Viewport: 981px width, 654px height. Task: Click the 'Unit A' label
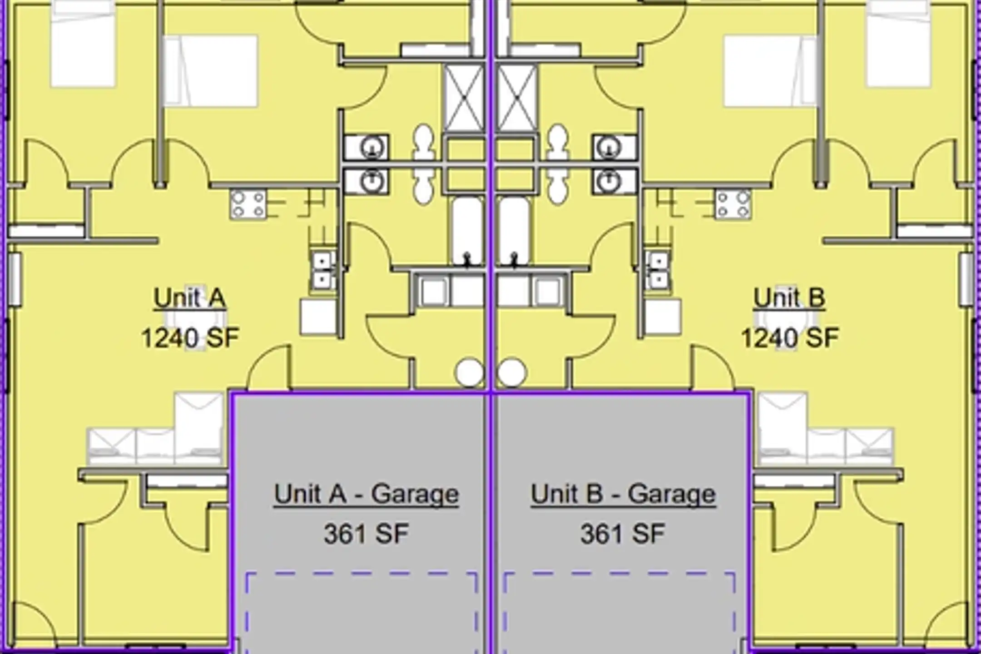pyautogui.click(x=189, y=298)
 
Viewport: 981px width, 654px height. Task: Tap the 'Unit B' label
pyautogui.click(x=789, y=298)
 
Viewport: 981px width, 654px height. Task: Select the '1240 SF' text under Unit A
pyautogui.click(x=190, y=338)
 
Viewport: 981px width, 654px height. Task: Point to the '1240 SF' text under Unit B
pyautogui.click(x=790, y=338)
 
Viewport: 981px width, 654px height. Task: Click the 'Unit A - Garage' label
pyautogui.click(x=367, y=494)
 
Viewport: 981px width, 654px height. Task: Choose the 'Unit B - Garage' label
pyautogui.click(x=623, y=494)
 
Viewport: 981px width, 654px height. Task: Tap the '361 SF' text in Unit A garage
pyautogui.click(x=366, y=534)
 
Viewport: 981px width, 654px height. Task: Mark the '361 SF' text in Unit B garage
pyautogui.click(x=623, y=534)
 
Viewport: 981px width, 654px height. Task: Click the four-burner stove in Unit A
pyautogui.click(x=248, y=204)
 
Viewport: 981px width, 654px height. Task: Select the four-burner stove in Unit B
pyautogui.click(x=733, y=204)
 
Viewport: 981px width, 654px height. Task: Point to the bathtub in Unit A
pyautogui.click(x=467, y=231)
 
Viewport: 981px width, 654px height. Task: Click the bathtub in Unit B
pyautogui.click(x=514, y=231)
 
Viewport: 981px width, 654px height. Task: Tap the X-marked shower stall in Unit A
pyautogui.click(x=464, y=98)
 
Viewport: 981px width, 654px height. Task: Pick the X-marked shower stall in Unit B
pyautogui.click(x=517, y=98)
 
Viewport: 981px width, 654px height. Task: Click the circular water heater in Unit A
pyautogui.click(x=469, y=372)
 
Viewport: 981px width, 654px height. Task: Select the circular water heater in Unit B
pyautogui.click(x=512, y=372)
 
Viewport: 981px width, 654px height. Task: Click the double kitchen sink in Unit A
pyautogui.click(x=322, y=270)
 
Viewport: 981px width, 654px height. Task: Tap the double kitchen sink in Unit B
pyautogui.click(x=658, y=270)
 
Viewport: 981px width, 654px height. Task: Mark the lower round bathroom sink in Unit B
pyautogui.click(x=609, y=181)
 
